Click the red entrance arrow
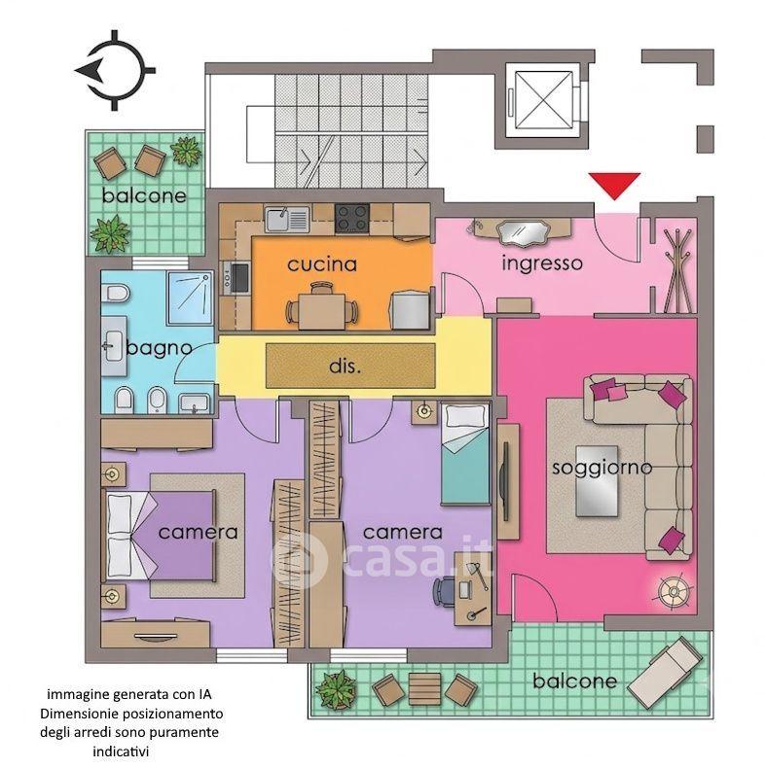pos(614,185)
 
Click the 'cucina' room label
pos(322,264)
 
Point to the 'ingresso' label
pos(542,263)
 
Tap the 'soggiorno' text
pos(602,468)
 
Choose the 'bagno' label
pos(159,348)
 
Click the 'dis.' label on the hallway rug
pos(346,366)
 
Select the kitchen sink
pos(287,219)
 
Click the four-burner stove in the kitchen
pos(352,219)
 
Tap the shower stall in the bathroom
pos(190,297)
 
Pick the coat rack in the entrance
pos(678,270)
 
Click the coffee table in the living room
pos(597,481)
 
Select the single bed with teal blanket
pos(465,453)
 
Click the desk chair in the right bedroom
pos(444,590)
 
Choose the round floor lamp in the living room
pos(674,592)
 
